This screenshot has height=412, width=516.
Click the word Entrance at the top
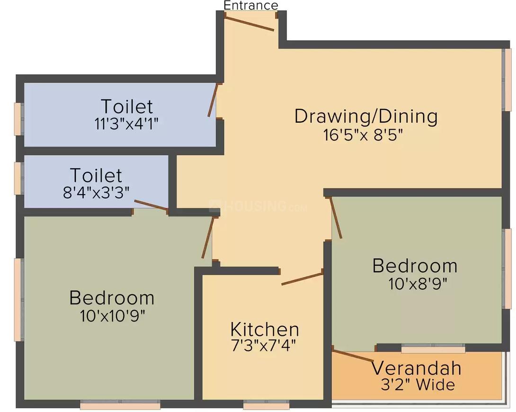250,5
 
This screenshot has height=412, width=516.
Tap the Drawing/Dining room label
365,116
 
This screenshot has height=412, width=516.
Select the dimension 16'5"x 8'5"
363,135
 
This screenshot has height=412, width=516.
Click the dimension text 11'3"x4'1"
126,124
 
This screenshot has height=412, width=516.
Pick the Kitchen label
264,329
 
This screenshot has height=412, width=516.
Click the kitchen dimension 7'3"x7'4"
263,345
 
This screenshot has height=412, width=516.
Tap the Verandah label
416,368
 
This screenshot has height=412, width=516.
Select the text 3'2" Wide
418,385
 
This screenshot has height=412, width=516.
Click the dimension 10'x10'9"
112,315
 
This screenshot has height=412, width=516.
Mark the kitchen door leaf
302,278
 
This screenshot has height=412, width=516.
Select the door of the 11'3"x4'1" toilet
213,100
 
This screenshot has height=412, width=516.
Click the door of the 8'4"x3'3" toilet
151,205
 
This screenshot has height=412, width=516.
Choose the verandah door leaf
353,356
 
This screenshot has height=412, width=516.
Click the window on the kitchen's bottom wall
266,406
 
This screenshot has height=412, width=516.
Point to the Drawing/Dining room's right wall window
507,80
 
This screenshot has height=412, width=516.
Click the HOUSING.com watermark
258,206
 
